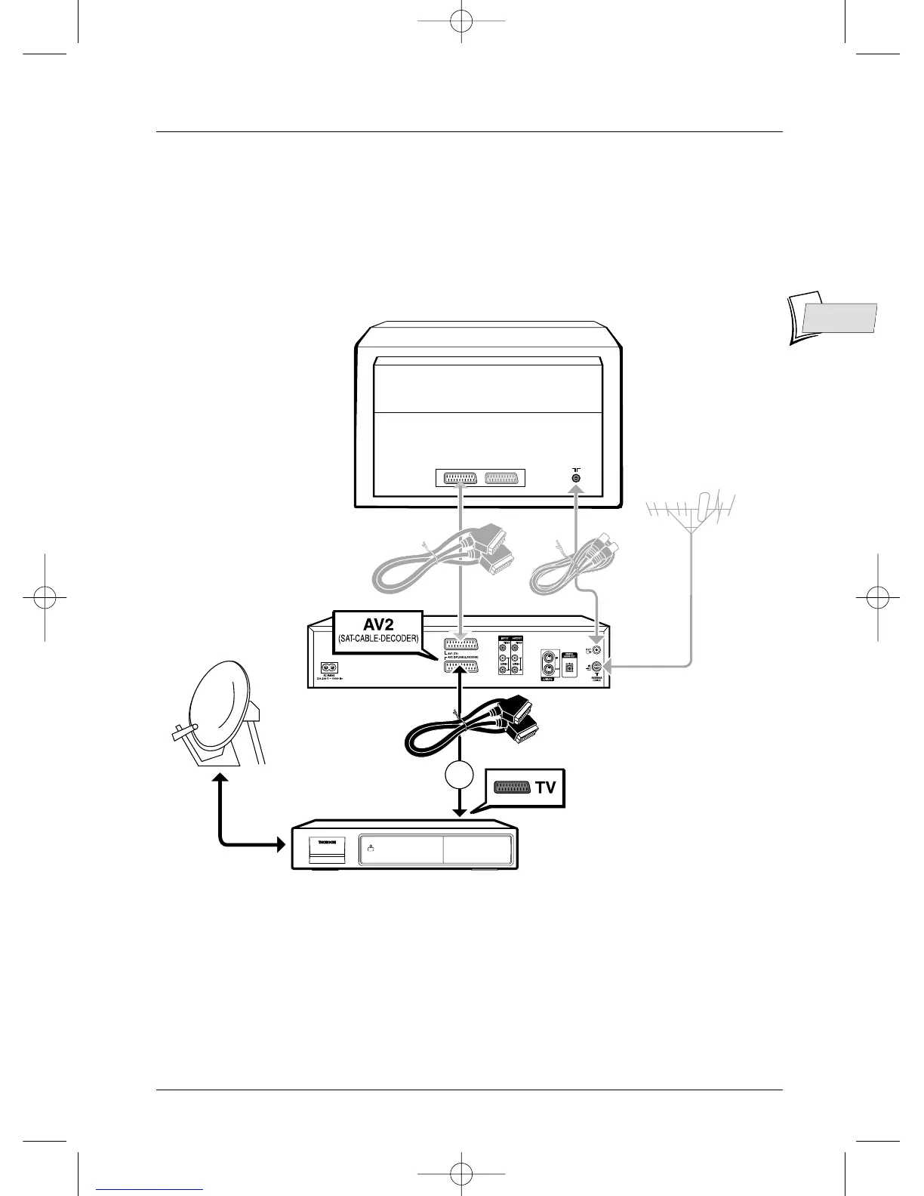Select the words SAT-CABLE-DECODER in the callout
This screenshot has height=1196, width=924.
tap(378, 638)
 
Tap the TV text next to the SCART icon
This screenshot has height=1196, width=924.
tap(545, 788)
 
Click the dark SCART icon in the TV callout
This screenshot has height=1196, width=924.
tap(512, 788)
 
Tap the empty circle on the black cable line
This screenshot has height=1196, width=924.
tap(459, 777)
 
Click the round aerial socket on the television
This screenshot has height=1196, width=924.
tap(576, 477)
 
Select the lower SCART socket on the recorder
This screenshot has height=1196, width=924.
tap(460, 667)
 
